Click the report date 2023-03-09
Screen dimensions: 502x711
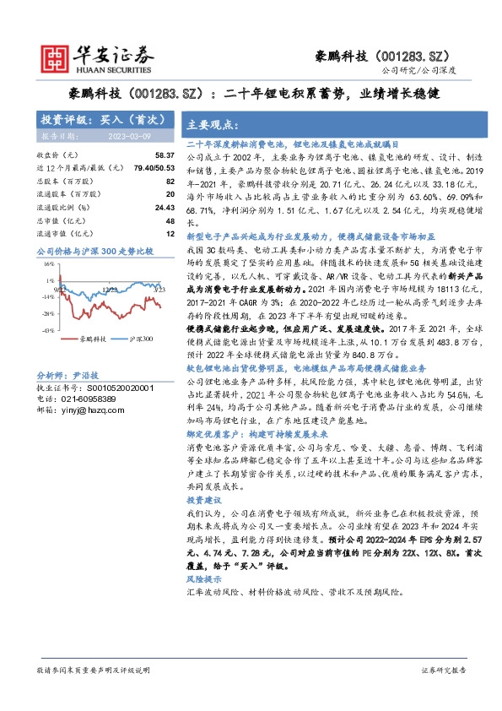click(130, 134)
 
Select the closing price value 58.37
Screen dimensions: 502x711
click(162, 155)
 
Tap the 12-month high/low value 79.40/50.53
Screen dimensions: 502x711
click(153, 168)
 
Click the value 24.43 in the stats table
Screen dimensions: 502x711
click(162, 206)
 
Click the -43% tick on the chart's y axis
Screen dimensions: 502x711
click(50, 330)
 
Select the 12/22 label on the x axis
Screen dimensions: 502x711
click(111, 290)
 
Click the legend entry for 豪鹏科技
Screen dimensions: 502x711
click(85, 339)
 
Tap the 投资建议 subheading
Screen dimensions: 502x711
click(202, 500)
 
